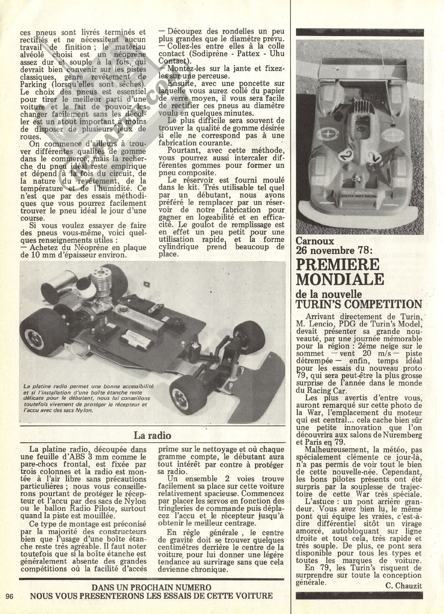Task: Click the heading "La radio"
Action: (152, 435)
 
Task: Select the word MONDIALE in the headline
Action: (340, 279)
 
